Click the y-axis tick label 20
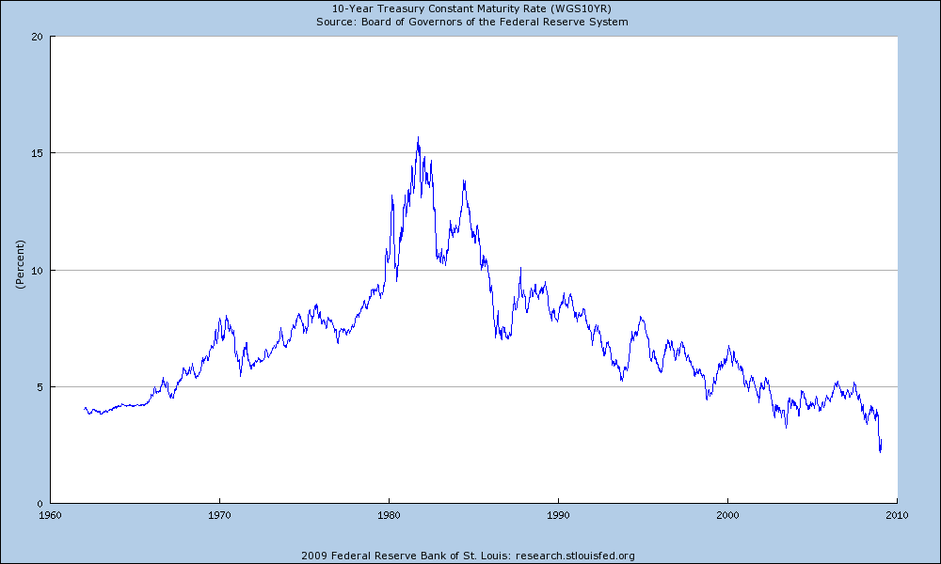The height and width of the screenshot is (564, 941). point(38,37)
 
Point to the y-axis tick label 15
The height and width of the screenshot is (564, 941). point(38,153)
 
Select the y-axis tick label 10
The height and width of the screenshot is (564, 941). point(38,270)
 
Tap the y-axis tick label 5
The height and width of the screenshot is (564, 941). point(40,386)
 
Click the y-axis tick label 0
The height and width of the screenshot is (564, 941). point(40,503)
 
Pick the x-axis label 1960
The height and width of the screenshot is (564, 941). point(50,515)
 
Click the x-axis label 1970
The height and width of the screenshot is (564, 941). point(219,515)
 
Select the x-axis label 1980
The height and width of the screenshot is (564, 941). point(389,515)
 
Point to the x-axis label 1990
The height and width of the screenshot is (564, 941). point(558,515)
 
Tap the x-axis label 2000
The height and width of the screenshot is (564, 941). point(727,515)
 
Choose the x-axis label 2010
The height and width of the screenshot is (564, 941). point(897,515)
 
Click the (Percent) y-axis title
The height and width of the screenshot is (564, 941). point(19,270)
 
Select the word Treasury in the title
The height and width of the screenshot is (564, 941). point(421,8)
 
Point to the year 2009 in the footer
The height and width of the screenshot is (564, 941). point(312,555)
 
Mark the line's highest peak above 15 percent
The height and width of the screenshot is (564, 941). point(418,137)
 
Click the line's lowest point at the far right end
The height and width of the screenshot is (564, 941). point(880,451)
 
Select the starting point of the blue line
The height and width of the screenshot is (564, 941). point(84,408)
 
